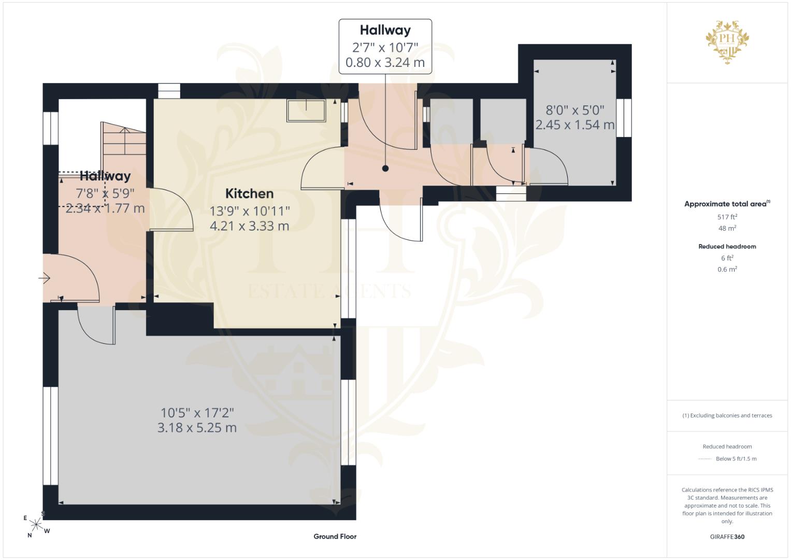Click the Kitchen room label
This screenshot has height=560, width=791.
(x=249, y=194)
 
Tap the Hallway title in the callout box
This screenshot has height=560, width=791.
(x=385, y=31)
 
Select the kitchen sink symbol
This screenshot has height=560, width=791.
(x=306, y=110)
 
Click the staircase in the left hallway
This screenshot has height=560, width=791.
(x=123, y=138)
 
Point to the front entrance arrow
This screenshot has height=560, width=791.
(x=45, y=278)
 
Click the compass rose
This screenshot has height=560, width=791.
(x=36, y=525)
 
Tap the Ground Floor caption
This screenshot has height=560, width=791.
(x=335, y=536)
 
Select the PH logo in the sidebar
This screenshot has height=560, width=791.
(x=727, y=42)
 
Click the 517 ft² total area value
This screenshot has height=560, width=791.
(x=727, y=217)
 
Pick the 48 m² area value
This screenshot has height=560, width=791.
(x=727, y=228)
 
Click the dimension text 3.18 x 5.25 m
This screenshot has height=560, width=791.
(x=197, y=428)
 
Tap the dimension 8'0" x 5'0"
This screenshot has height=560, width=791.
(x=575, y=110)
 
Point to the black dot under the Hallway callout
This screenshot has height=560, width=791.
(x=385, y=169)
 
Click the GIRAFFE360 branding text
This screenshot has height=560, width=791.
(x=727, y=537)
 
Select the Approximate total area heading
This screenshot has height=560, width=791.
(x=727, y=204)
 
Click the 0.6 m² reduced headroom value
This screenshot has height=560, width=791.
(x=727, y=269)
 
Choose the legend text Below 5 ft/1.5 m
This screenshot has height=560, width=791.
(x=736, y=458)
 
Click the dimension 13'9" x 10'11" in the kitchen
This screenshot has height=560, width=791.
(x=250, y=212)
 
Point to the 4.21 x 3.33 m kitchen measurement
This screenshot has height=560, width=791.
(x=249, y=226)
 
